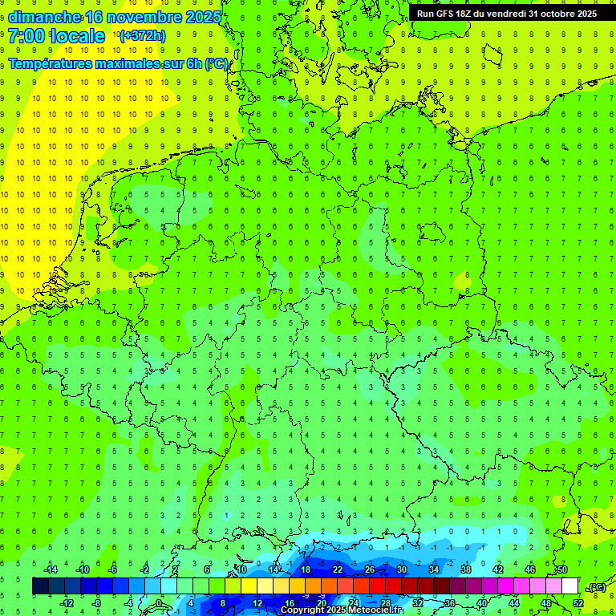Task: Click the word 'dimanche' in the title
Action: [44, 17]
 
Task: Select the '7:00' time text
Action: [26, 36]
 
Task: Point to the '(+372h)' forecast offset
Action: [142, 36]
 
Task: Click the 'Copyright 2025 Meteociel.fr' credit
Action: [341, 610]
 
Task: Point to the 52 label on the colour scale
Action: [578, 603]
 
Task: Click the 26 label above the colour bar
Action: [370, 569]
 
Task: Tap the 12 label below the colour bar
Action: [257, 603]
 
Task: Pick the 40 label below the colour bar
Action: [482, 603]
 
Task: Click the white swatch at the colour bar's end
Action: [569, 586]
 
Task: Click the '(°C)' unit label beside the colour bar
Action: [596, 588]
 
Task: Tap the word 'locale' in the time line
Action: [78, 36]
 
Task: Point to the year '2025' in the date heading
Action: [200, 17]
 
